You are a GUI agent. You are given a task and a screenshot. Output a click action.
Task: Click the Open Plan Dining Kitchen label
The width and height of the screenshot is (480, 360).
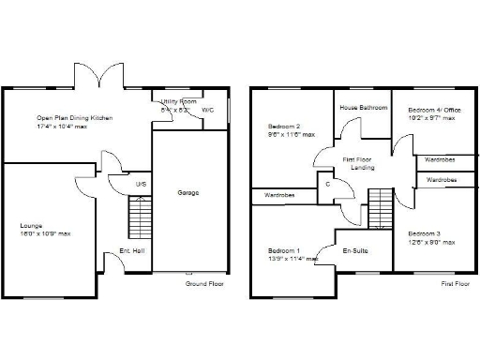[75, 117]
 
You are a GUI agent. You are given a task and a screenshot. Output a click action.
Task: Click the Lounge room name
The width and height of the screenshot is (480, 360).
[32, 225]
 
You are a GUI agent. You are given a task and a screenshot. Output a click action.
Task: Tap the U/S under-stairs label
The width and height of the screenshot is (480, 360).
[141, 184]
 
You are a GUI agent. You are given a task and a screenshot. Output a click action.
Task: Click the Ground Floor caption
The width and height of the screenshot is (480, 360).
[203, 282]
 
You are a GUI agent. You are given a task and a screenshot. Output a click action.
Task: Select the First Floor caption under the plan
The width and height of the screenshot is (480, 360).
[454, 282]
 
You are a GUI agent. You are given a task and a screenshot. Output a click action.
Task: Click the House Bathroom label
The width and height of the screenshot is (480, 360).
[364, 108]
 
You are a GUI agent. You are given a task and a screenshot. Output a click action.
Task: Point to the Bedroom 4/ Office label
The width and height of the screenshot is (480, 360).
[431, 110]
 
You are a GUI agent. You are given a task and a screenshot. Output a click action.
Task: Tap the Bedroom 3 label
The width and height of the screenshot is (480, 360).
[424, 233]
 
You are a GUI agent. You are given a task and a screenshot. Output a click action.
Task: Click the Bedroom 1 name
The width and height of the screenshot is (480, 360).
[284, 250]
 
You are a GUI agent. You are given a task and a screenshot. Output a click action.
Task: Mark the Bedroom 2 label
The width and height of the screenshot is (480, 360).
[284, 126]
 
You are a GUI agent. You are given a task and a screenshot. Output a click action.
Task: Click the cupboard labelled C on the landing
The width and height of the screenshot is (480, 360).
[327, 184]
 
